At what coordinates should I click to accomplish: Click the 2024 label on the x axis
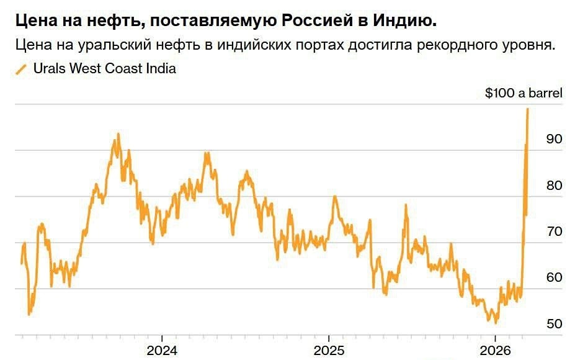point(162,350)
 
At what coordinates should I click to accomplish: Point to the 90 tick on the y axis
point(554,139)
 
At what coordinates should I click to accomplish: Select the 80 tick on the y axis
point(554,186)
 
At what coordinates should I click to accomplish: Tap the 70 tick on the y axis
point(554,232)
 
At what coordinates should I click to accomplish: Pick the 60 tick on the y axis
point(554,277)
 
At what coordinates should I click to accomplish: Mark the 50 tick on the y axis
point(554,324)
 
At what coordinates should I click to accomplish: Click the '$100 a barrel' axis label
point(524,94)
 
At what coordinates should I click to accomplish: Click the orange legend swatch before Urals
point(21,70)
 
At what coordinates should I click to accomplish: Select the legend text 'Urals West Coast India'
point(104,69)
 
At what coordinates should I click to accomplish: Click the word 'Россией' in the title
point(319,21)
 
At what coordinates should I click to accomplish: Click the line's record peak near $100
point(528,109)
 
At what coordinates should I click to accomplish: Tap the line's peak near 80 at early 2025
point(334,197)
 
